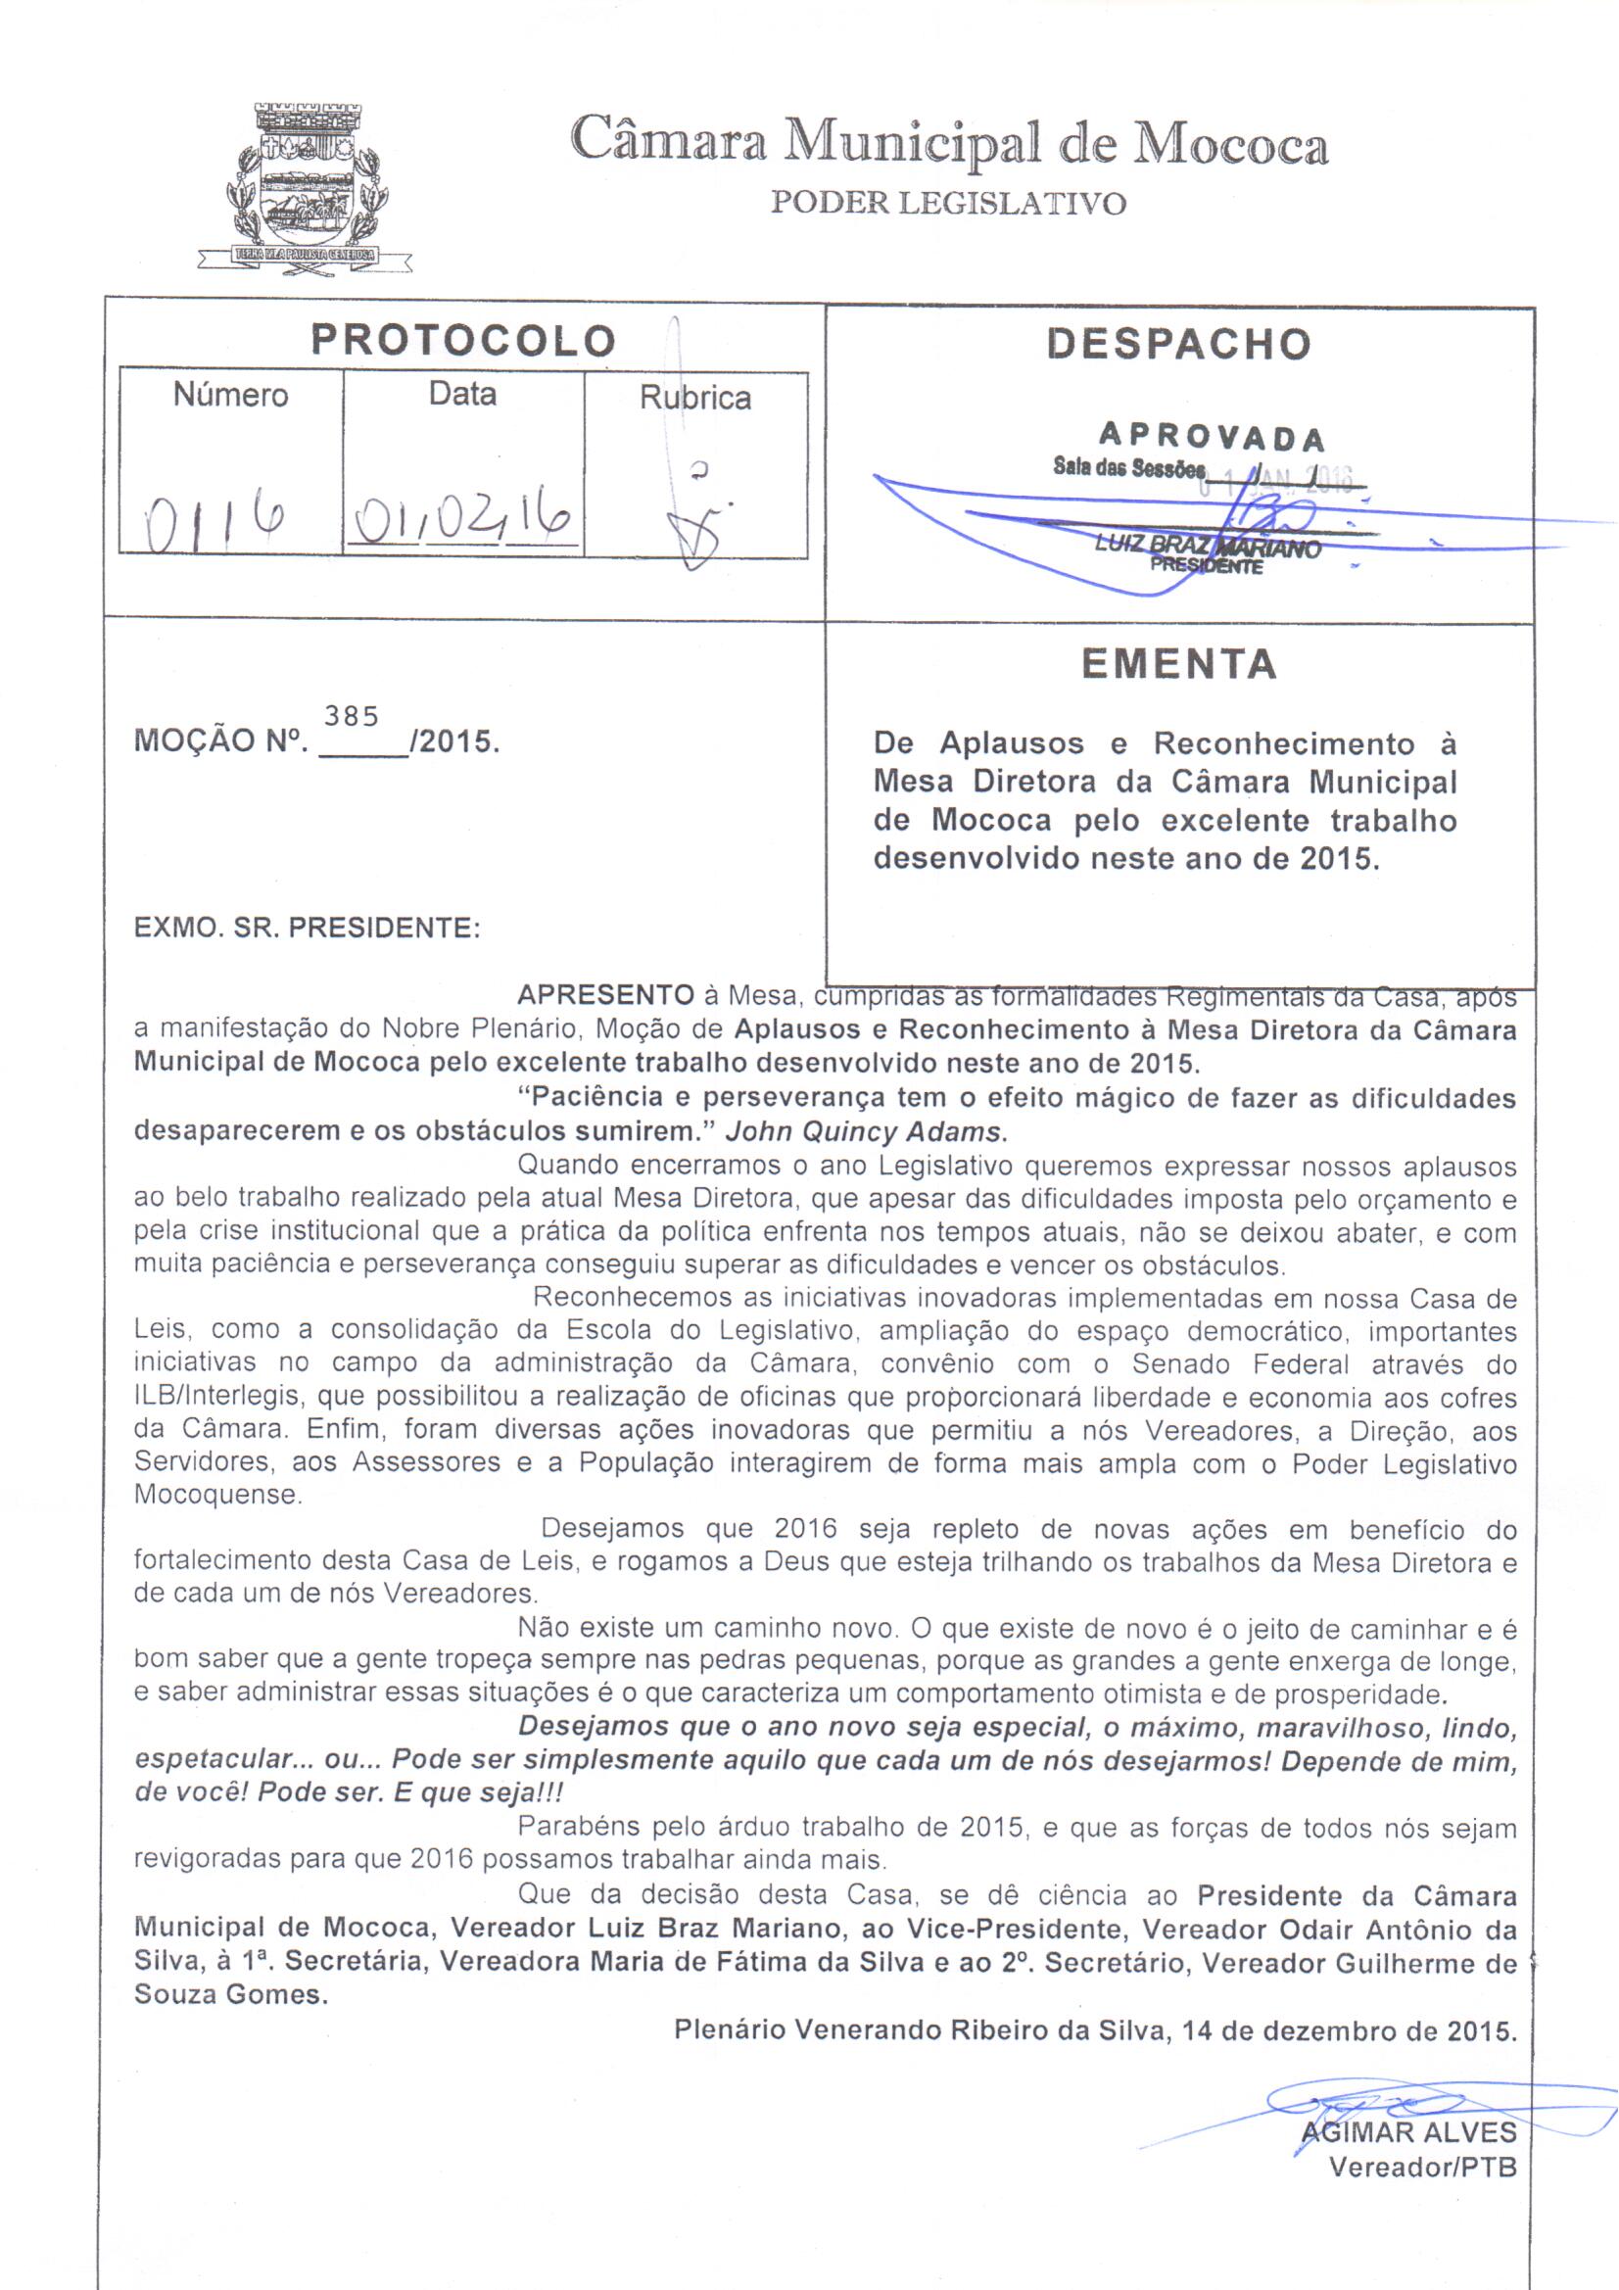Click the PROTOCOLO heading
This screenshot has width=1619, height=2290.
[463, 341]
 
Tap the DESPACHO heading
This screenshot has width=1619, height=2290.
[1179, 344]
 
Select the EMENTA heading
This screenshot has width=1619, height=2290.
[1179, 664]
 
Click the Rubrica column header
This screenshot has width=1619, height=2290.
[695, 398]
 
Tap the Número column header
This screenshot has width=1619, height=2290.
[230, 395]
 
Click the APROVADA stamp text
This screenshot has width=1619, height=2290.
[1212, 437]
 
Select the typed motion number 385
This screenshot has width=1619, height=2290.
[352, 716]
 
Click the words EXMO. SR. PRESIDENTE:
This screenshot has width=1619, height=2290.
[308, 929]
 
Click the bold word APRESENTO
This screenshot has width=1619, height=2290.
[605, 995]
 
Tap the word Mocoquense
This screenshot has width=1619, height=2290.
[216, 1495]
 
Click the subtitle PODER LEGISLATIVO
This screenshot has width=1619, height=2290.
[949, 205]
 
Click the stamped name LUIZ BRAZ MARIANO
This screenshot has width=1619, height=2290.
[1207, 547]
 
